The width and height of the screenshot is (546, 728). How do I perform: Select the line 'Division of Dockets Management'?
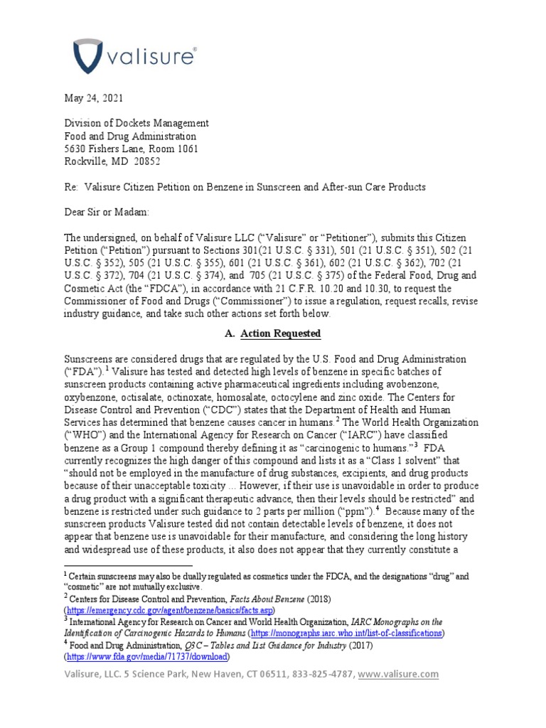click(136, 123)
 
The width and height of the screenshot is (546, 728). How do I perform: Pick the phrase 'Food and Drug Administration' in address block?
click(131, 136)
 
